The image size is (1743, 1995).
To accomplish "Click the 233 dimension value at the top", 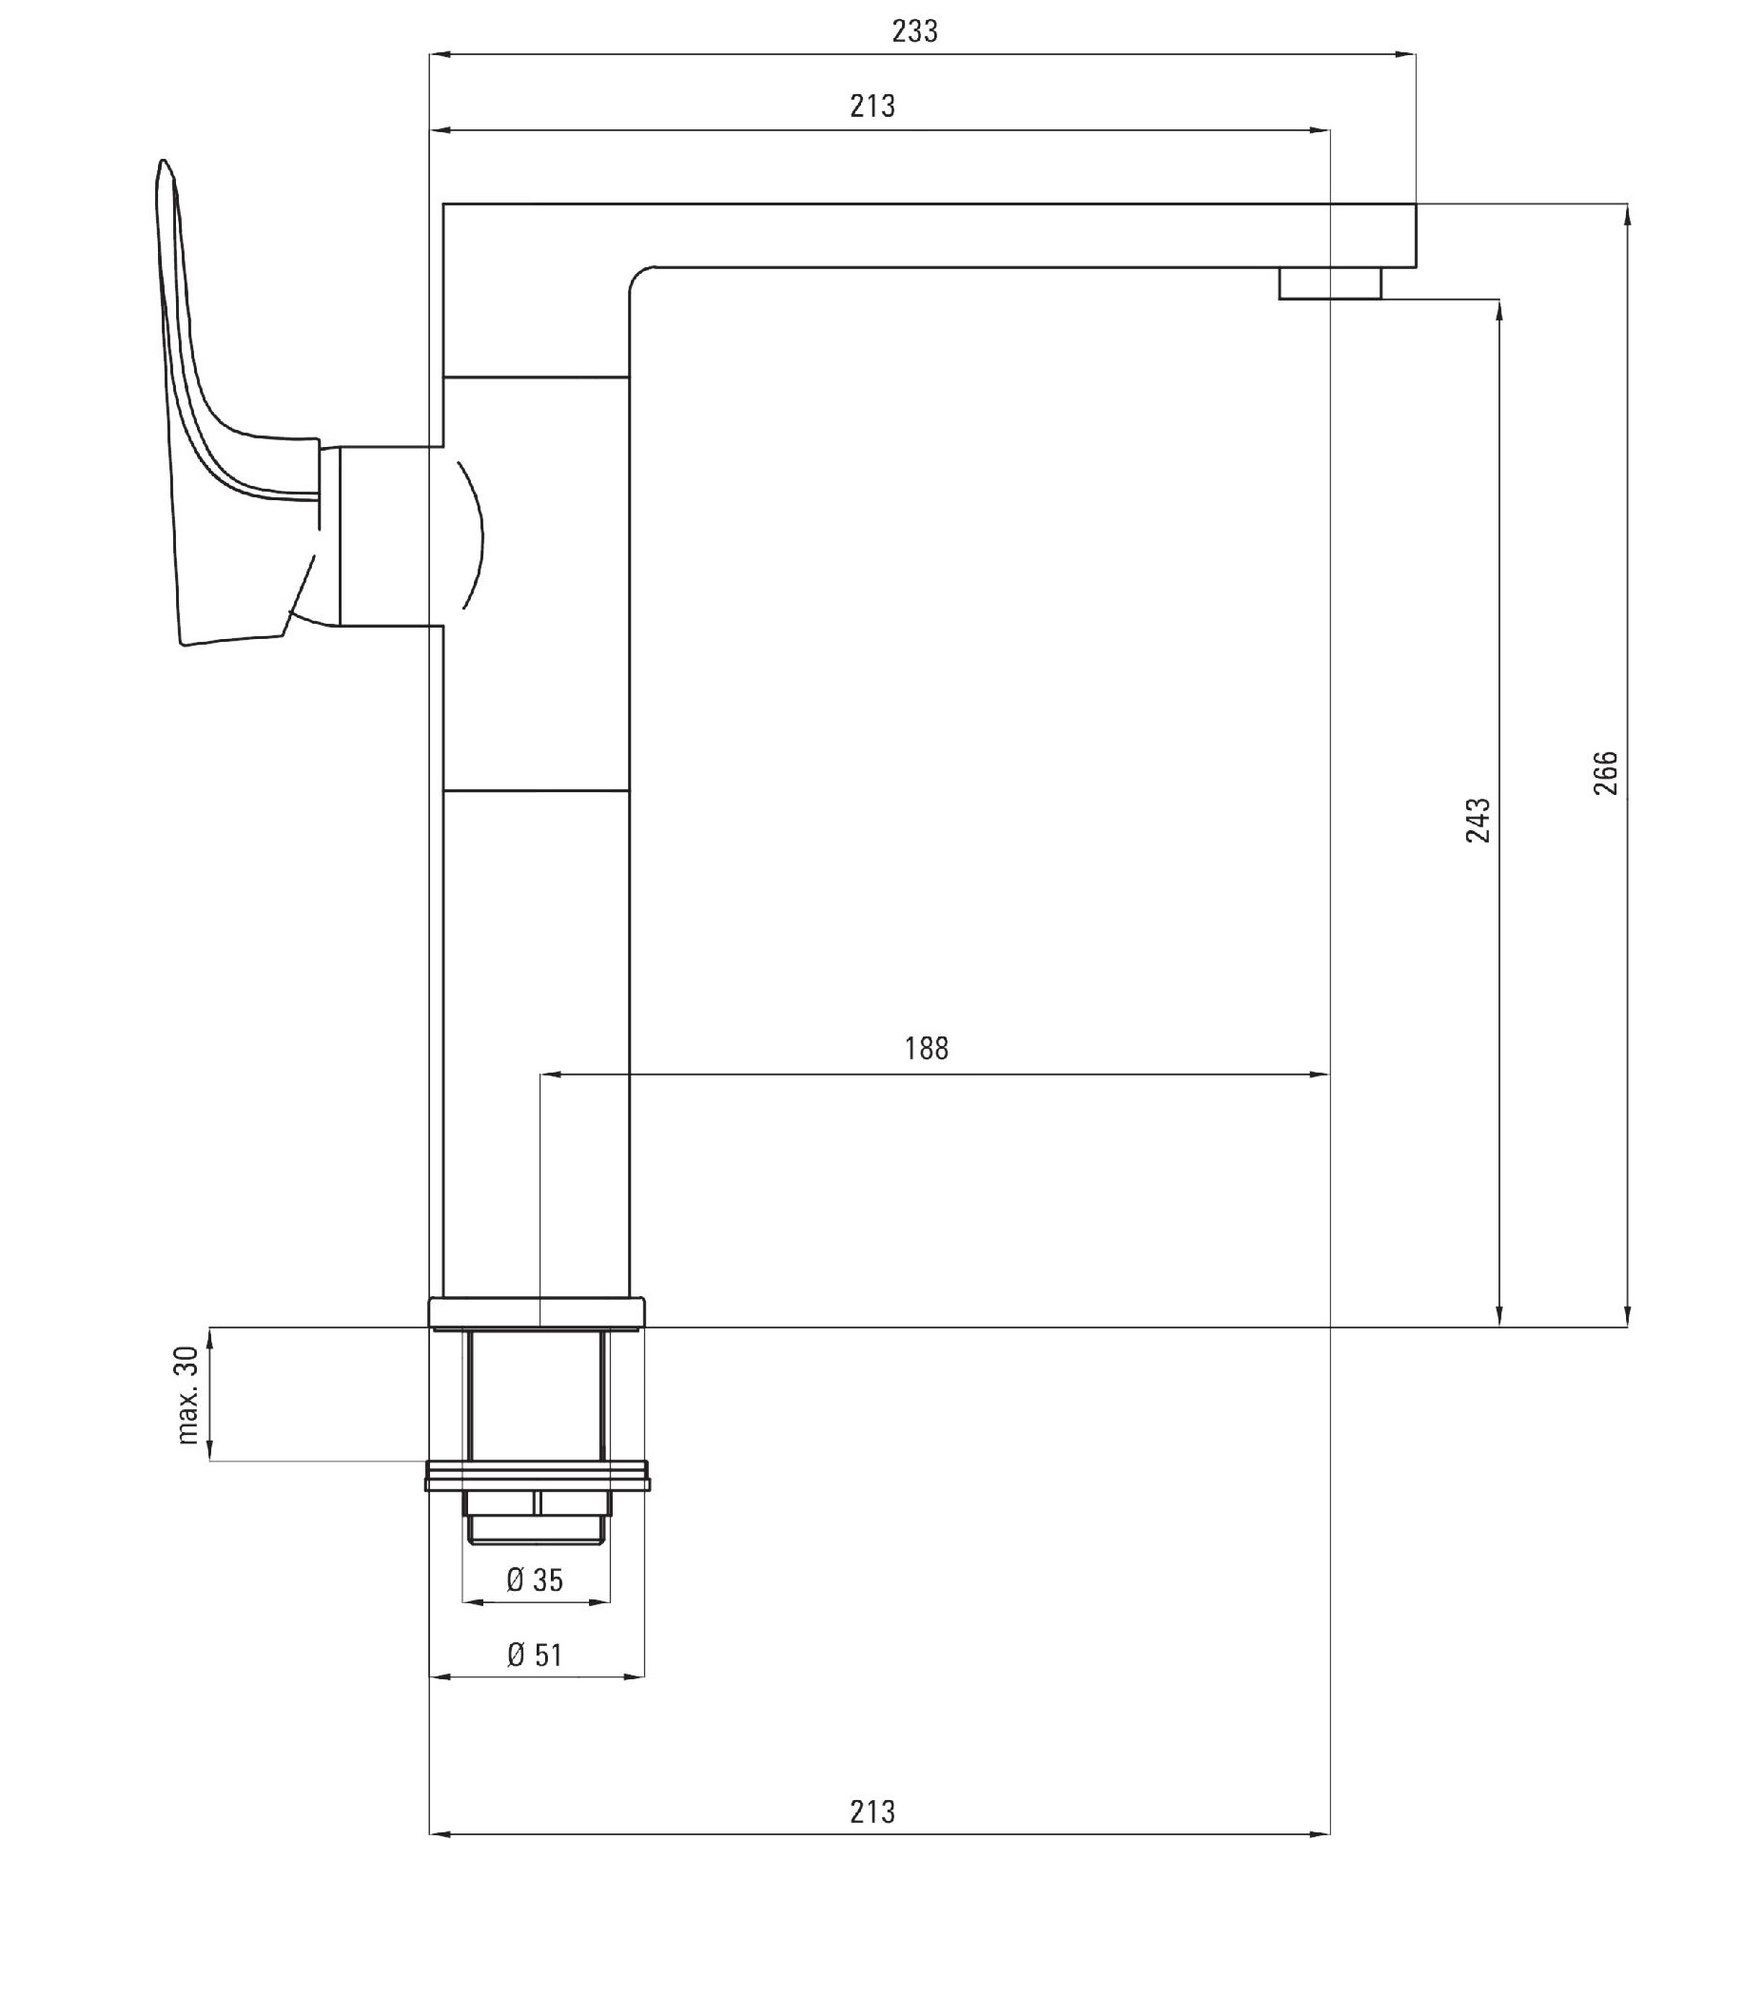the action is [914, 32].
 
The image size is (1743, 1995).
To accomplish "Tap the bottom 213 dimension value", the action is [872, 1812].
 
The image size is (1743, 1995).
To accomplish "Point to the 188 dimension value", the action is [926, 1048].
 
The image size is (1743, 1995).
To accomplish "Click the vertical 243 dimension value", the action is [1479, 820].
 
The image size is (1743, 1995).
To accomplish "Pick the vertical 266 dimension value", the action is [1606, 773].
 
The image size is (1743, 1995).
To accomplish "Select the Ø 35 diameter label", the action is [535, 1579].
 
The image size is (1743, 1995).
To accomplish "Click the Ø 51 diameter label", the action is [535, 1655].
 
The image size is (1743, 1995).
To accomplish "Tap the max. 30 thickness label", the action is [187, 1395].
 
